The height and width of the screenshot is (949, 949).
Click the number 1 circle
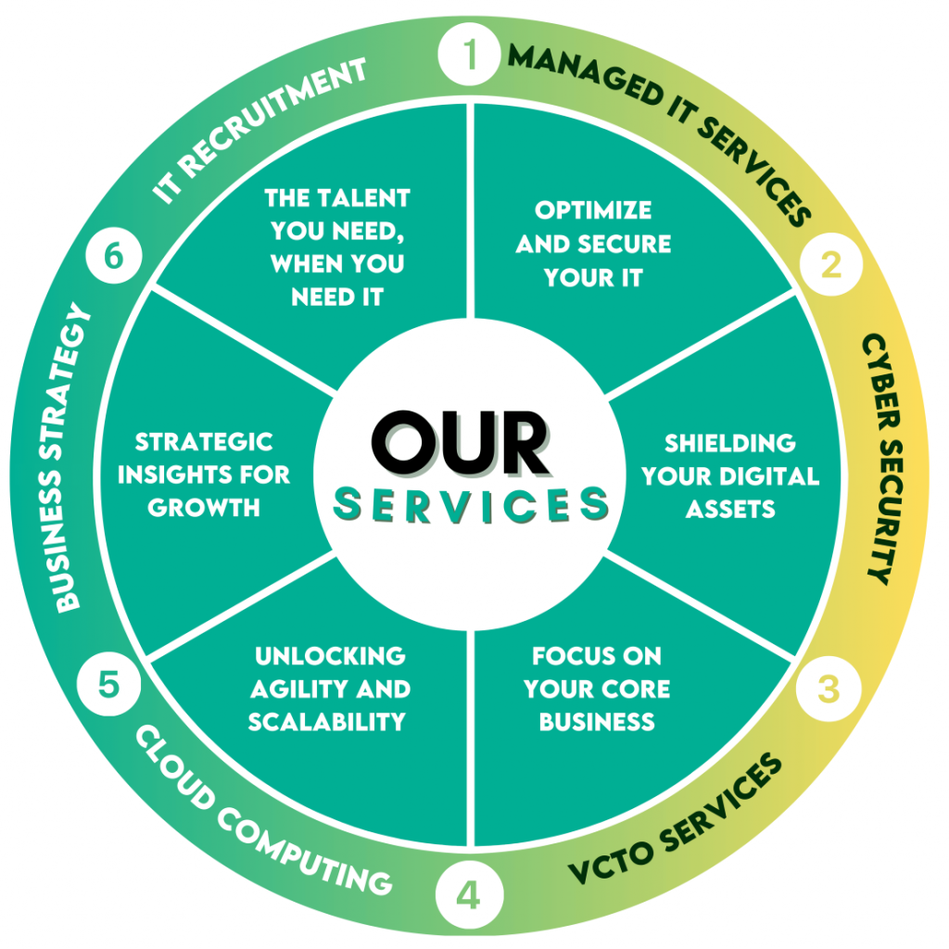click(x=472, y=57)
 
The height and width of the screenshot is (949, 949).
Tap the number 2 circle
click(x=830, y=265)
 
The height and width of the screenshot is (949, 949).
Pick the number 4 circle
click(x=470, y=895)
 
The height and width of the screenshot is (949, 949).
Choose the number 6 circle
click(x=113, y=257)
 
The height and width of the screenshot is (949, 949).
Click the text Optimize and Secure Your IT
click(x=593, y=244)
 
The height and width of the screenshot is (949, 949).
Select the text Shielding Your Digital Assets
click(x=730, y=475)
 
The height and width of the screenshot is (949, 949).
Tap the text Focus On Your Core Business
click(x=597, y=689)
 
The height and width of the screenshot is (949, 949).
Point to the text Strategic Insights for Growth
click(x=204, y=474)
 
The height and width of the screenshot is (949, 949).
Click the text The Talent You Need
click(x=337, y=247)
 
